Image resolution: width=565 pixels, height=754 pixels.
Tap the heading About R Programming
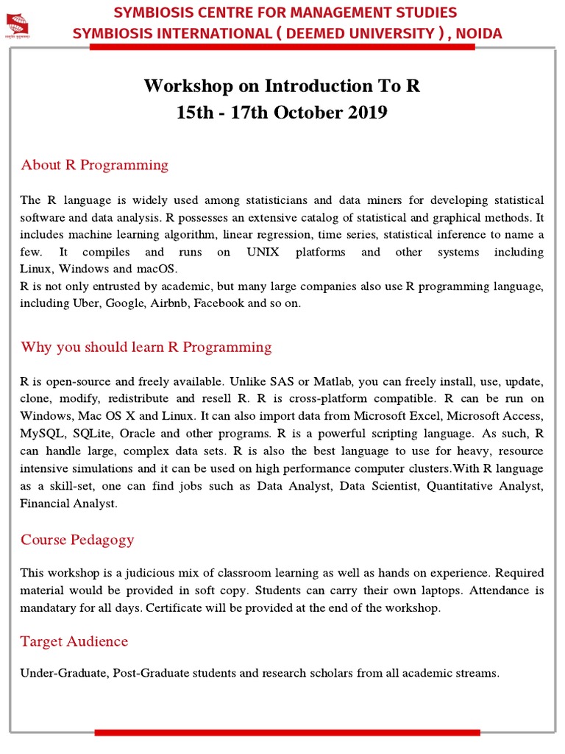click(x=94, y=165)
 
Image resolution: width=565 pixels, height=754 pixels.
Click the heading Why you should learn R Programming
click(x=146, y=347)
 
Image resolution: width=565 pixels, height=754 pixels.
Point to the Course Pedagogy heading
click(x=77, y=540)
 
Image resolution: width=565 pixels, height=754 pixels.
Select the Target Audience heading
click(x=74, y=641)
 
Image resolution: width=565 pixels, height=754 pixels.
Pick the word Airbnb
click(x=169, y=303)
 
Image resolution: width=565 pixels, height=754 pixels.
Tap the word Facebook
click(x=219, y=303)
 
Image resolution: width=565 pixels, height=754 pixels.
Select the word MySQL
click(x=43, y=433)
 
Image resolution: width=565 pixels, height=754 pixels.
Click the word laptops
click(x=441, y=590)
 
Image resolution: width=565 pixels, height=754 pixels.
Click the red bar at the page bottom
click(x=287, y=732)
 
